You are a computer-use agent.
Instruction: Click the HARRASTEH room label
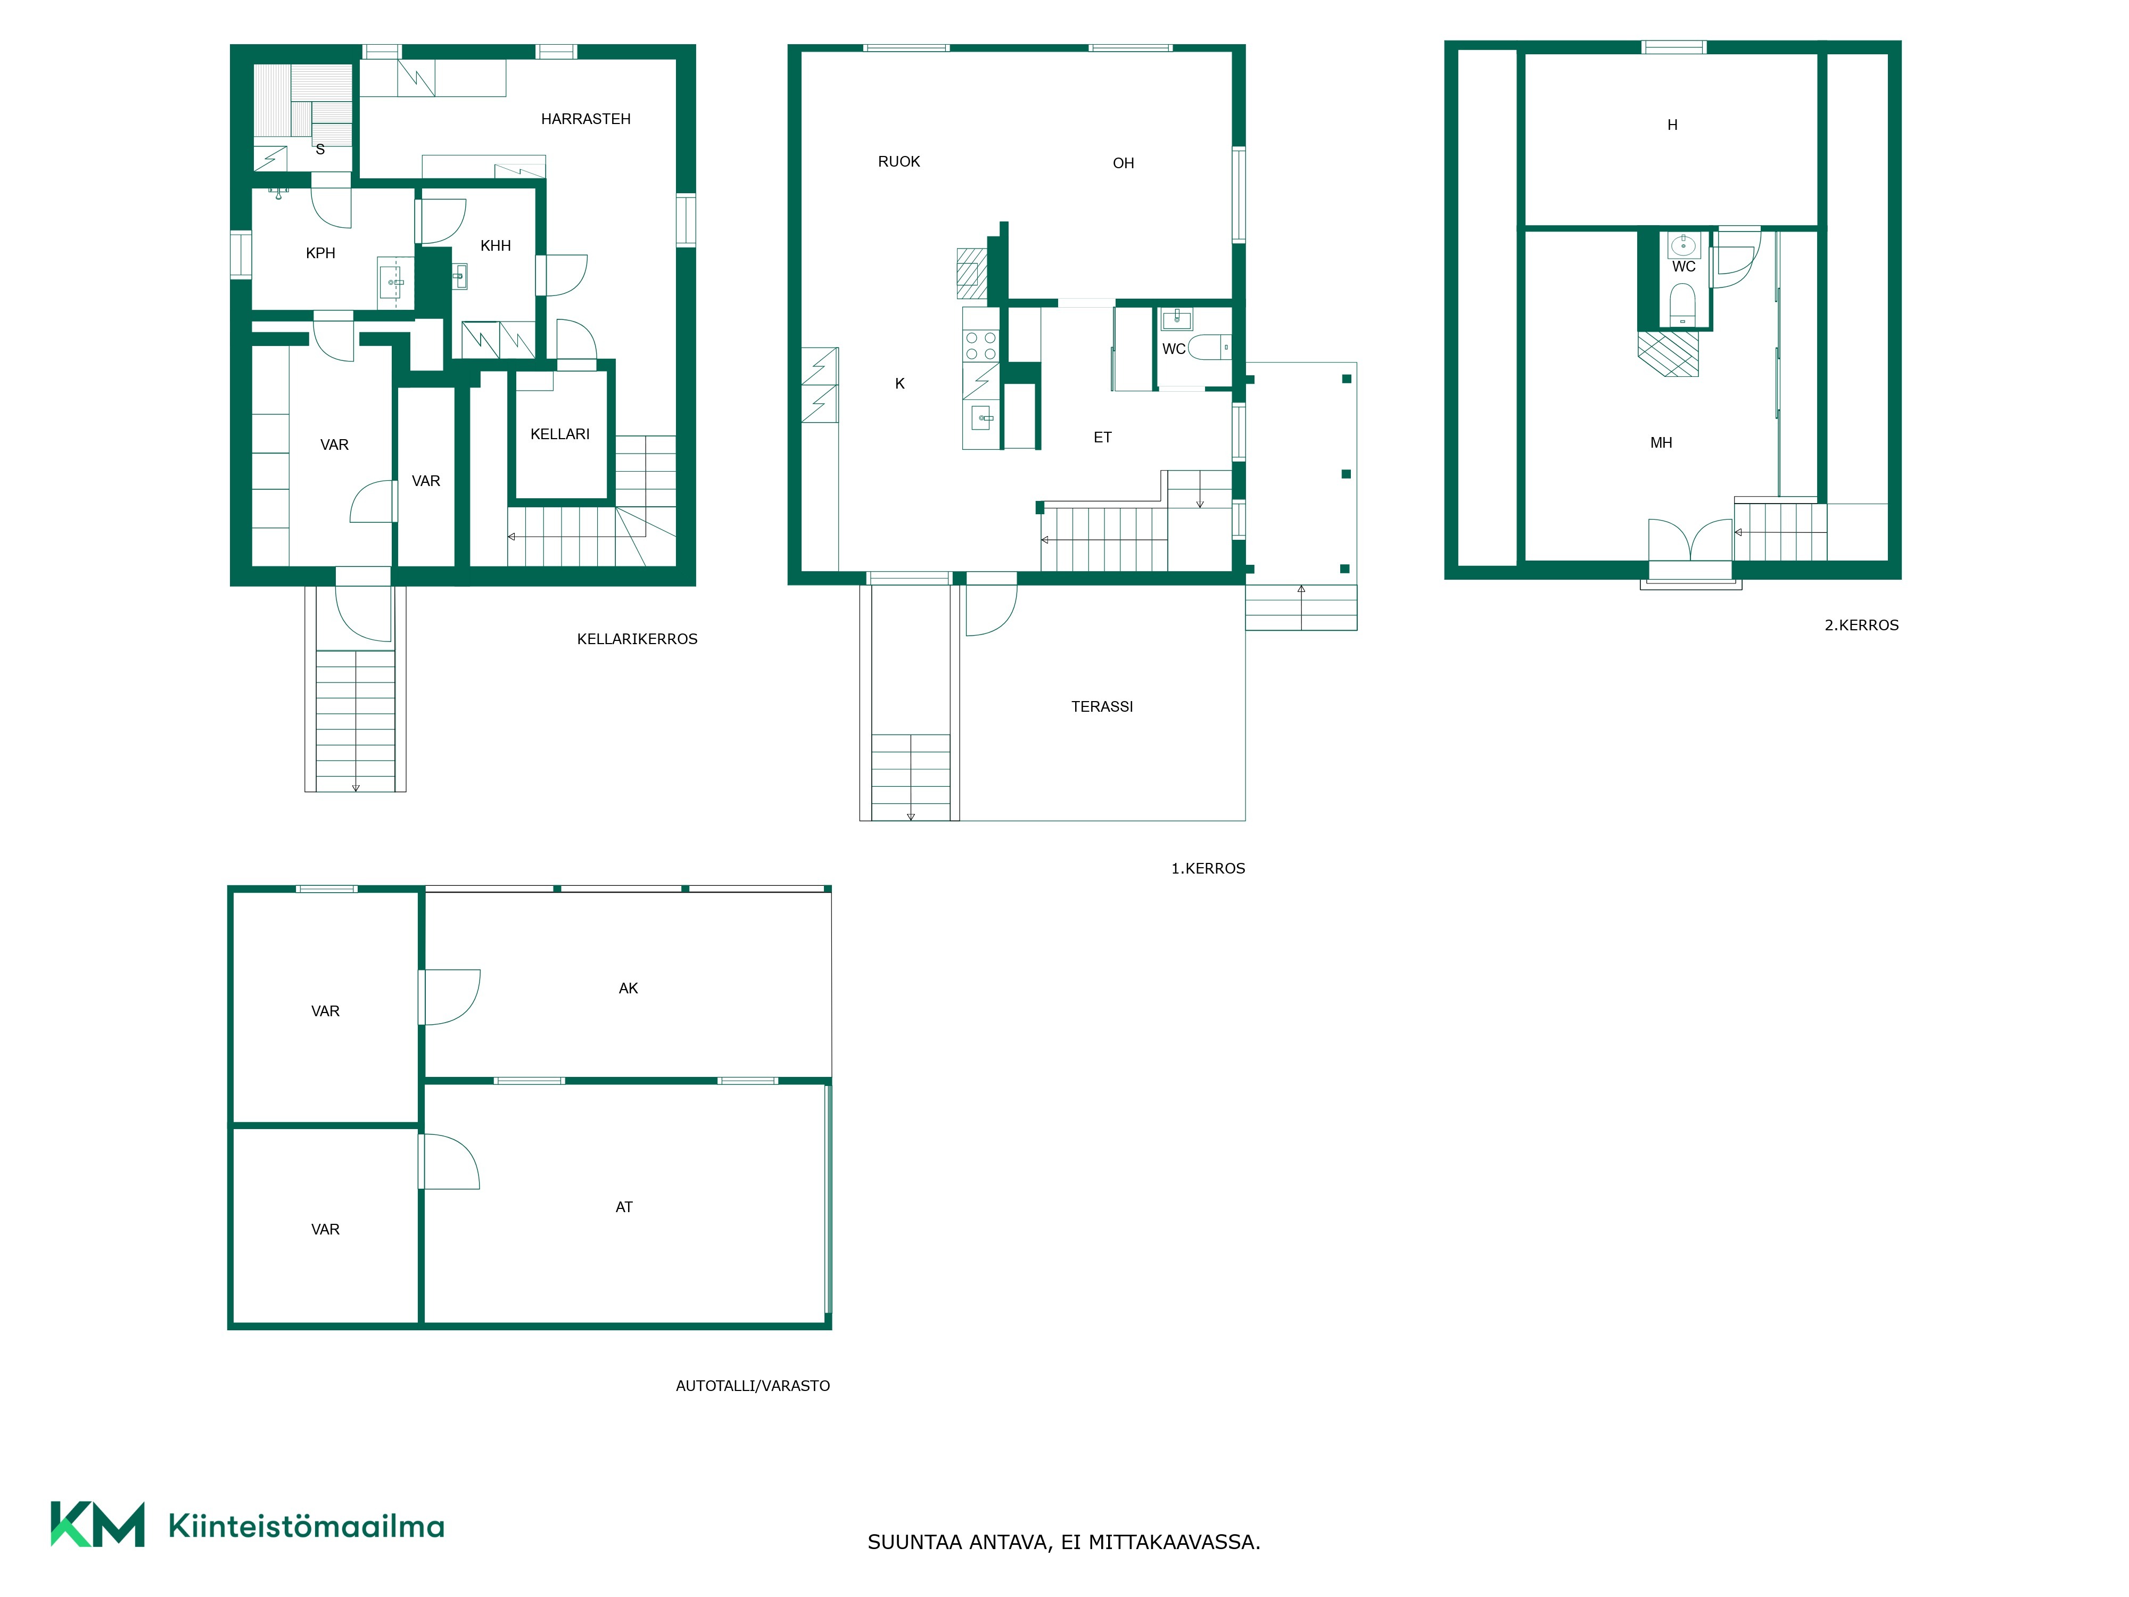pos(585,119)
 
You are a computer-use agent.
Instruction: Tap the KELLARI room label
pos(560,434)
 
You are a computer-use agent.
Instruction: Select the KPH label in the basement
pos(320,253)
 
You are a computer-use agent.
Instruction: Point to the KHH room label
pos(496,245)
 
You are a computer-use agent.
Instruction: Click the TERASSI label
pos(1102,706)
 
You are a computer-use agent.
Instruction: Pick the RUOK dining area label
pos(899,162)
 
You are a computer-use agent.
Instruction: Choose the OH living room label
pos(1123,163)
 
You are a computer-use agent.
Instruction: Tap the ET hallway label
pos(1102,437)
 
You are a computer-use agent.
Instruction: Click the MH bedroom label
pos(1661,443)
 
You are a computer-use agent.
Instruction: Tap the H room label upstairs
pos(1672,125)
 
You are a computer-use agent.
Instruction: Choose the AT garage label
pos(624,1207)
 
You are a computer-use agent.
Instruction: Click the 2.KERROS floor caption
pos(1861,625)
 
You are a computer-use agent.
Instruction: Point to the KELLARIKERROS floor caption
pos(637,639)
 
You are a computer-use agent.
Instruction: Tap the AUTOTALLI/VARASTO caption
pos(753,1386)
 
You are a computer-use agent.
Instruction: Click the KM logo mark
pos(97,1525)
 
